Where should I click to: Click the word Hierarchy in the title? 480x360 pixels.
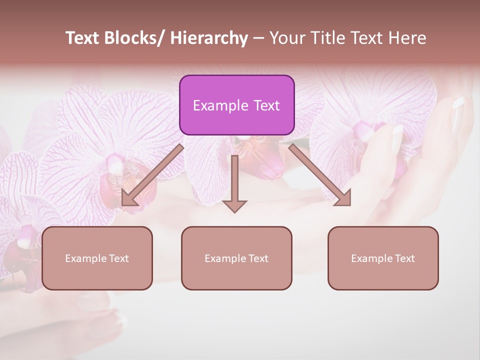tap(209, 38)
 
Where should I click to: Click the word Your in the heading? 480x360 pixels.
tap(287, 38)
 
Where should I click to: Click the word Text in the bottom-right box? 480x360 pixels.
tap(405, 258)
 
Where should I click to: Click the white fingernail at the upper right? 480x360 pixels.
tap(458, 103)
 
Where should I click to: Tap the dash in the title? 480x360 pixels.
tap(258, 38)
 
